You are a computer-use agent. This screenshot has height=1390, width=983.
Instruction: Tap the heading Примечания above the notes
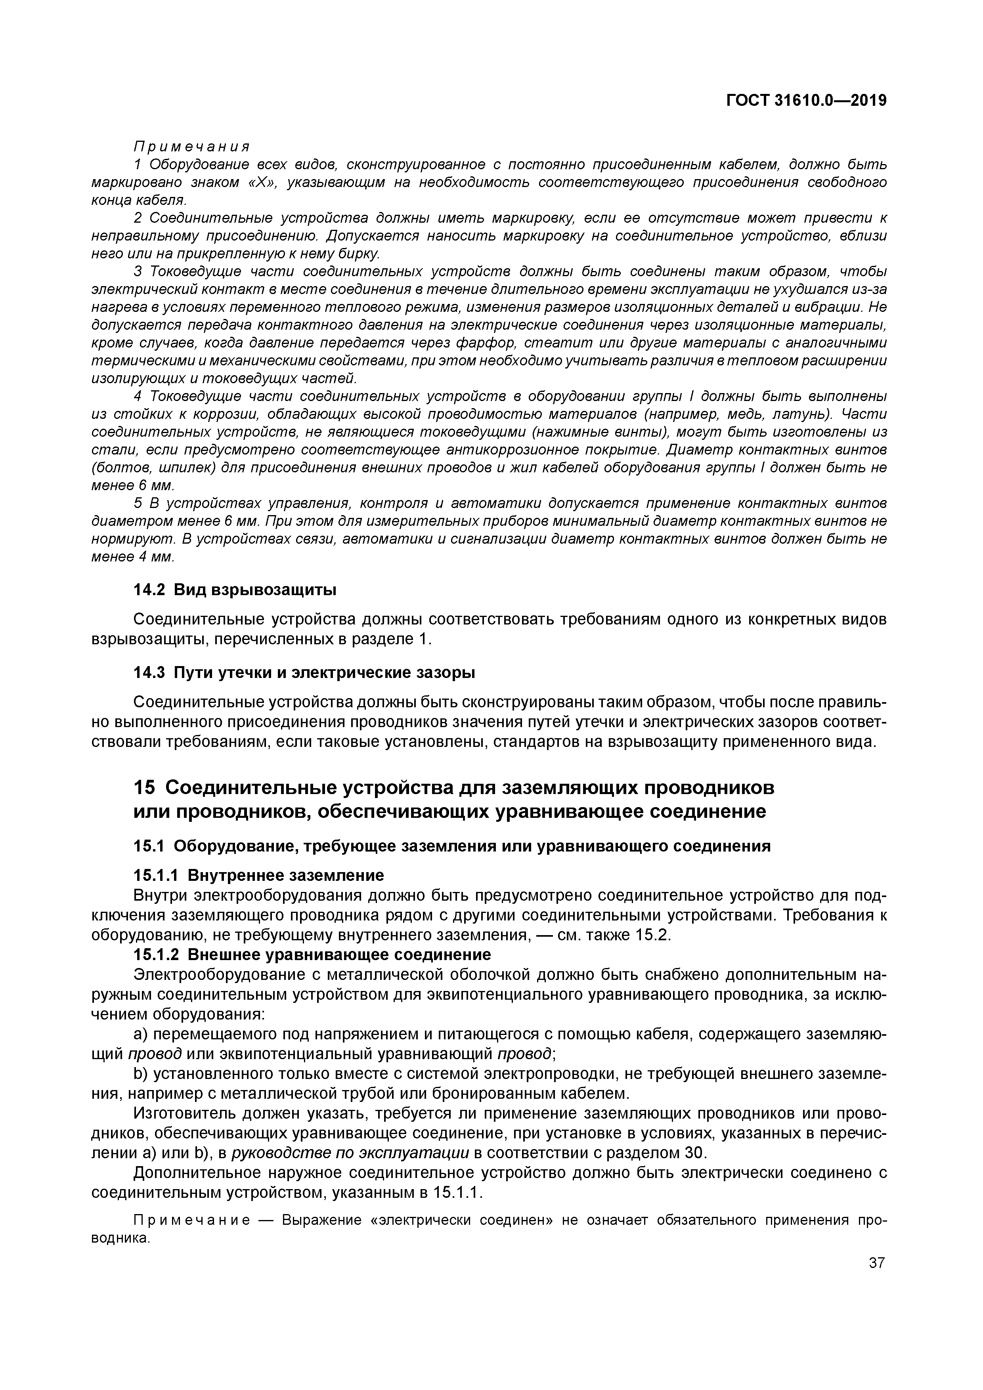(x=191, y=147)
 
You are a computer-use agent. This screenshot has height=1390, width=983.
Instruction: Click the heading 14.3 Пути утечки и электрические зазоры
(x=304, y=672)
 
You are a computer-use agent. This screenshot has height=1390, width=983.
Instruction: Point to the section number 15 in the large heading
(x=144, y=788)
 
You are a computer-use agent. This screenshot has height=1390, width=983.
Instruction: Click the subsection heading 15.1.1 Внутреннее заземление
(x=258, y=876)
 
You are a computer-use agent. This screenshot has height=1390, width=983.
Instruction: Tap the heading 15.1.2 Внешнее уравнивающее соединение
(x=312, y=955)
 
